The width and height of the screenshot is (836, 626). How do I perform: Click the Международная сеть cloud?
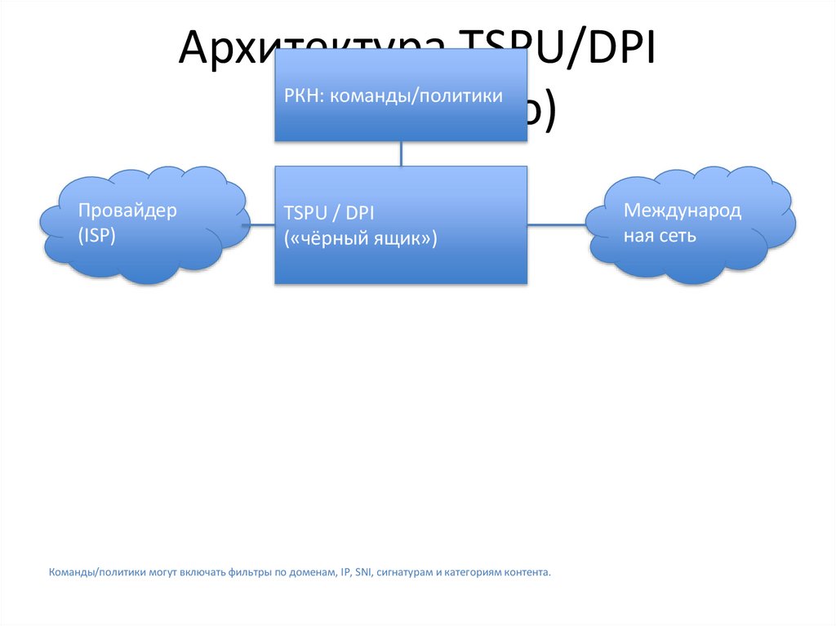[x=691, y=224]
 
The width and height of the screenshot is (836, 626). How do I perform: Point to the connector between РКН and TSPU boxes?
[x=400, y=153]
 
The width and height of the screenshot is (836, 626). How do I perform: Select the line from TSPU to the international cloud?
[x=557, y=224]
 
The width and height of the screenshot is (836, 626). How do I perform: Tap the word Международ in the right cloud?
[x=683, y=211]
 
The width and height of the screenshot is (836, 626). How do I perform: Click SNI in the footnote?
[x=364, y=572]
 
